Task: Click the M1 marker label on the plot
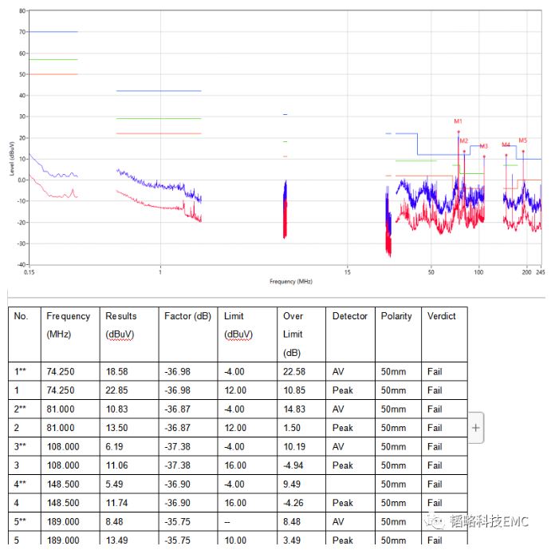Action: click(459, 121)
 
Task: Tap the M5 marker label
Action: click(523, 140)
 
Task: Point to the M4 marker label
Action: click(506, 144)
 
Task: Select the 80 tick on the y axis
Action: click(22, 11)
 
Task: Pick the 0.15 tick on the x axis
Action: click(30, 272)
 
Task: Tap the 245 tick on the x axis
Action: click(540, 272)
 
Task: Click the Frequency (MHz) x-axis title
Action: click(291, 281)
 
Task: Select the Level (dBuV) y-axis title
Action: click(12, 160)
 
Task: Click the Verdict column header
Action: click(441, 316)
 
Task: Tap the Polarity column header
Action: click(396, 316)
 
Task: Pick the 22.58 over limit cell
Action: click(294, 372)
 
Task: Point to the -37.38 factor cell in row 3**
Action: click(177, 447)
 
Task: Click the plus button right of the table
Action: click(476, 428)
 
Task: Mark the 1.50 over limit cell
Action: click(292, 428)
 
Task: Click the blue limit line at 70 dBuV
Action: click(53, 32)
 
